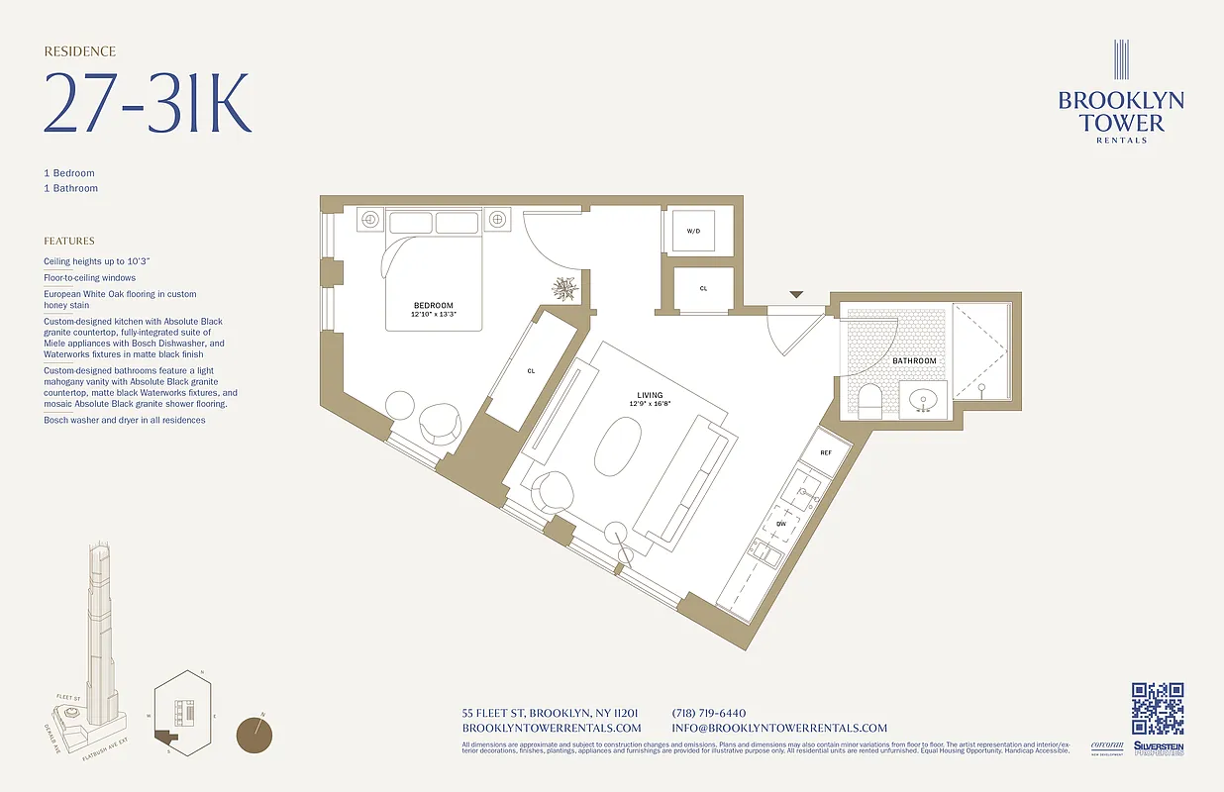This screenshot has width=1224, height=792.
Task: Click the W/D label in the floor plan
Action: point(693,231)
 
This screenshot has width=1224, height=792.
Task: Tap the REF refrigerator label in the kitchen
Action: point(826,451)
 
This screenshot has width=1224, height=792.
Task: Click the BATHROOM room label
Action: point(913,361)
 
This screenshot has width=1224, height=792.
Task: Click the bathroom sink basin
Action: point(923,400)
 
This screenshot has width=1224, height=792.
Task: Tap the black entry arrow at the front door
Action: point(795,294)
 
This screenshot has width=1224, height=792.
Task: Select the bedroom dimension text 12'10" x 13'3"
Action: point(434,314)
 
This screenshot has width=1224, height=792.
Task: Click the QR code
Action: point(1158,708)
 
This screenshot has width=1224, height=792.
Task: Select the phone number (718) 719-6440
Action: point(708,713)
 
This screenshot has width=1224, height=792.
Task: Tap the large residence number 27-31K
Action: point(148,102)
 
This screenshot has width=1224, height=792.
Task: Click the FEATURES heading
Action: point(69,241)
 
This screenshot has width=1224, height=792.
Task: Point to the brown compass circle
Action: point(255,735)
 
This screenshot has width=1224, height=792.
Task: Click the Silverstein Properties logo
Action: point(1158,749)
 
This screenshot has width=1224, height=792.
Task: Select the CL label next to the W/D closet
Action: point(703,289)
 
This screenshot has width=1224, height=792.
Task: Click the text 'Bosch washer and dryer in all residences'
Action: point(125,420)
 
